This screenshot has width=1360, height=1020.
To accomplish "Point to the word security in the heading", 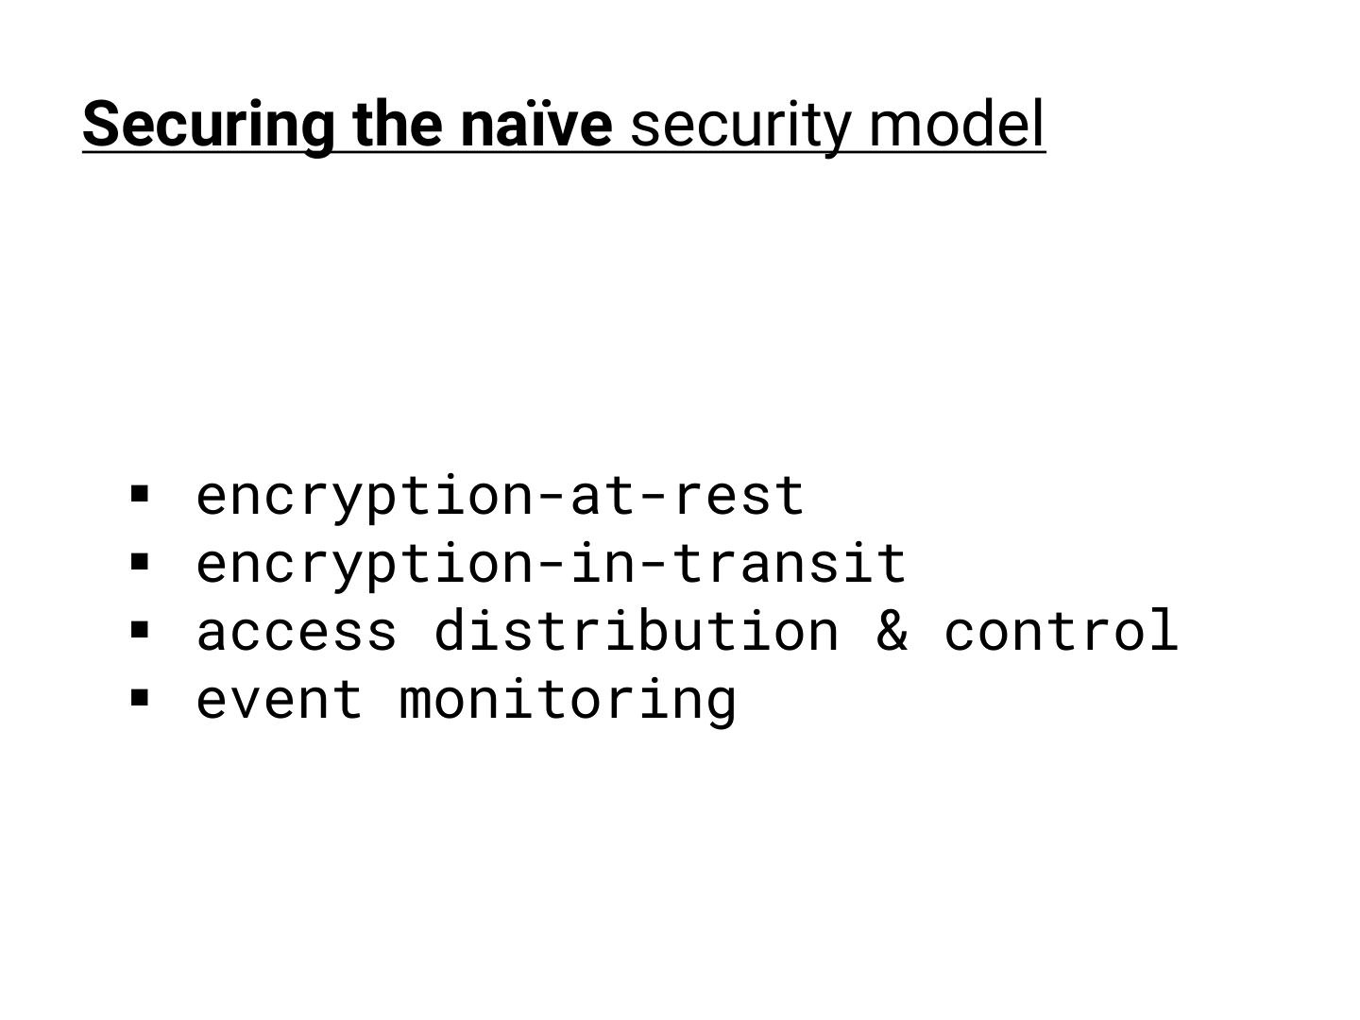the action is click(x=739, y=126).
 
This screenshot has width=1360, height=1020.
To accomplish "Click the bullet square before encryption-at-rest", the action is click(x=141, y=493).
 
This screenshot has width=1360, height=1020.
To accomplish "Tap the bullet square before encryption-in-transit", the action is click(x=141, y=562).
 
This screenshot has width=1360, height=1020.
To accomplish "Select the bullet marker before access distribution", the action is click(x=141, y=630).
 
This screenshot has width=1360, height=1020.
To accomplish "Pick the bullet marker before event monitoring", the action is click(x=141, y=698).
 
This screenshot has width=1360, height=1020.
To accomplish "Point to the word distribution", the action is click(x=636, y=630).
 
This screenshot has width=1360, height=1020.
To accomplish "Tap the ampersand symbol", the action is click(x=892, y=630).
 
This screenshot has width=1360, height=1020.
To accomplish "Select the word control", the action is click(x=1061, y=630).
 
